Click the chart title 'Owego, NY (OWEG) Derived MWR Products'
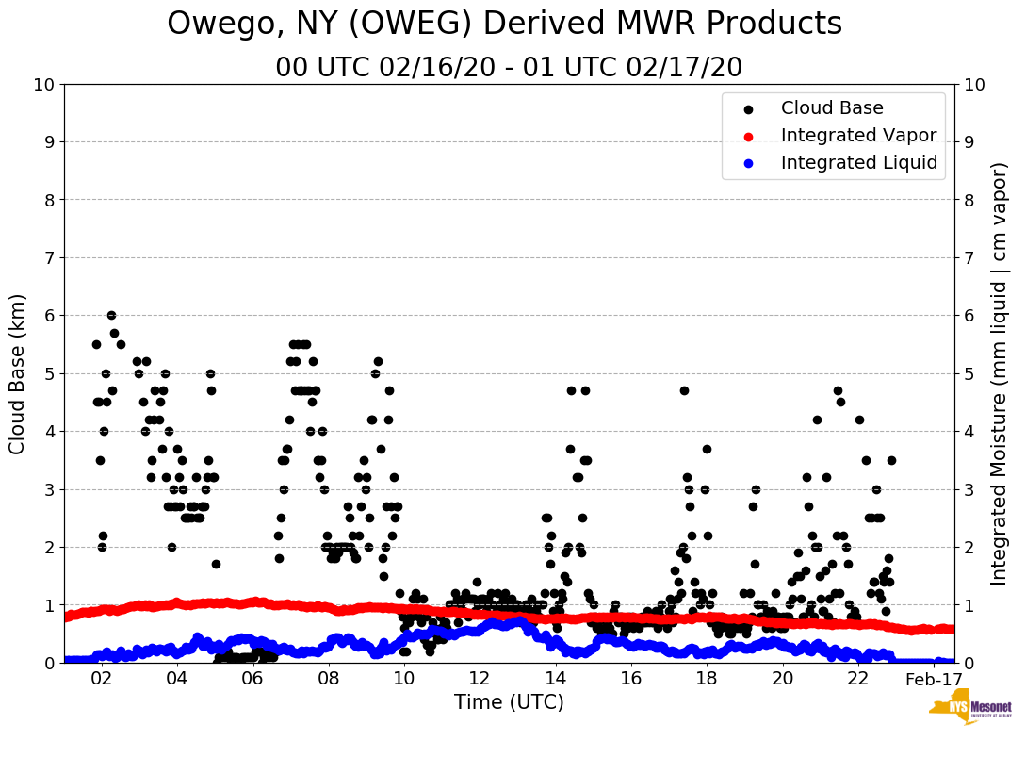(504, 25)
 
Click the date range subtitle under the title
(509, 68)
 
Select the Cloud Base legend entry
(832, 108)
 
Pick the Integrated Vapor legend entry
(858, 136)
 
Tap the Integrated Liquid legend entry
(859, 163)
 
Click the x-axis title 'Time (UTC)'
(509, 702)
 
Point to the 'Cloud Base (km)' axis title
(18, 373)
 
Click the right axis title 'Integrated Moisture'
(1000, 373)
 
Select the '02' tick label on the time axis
(102, 680)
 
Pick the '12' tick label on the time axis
(480, 680)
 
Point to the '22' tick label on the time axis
(858, 680)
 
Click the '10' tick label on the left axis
(43, 85)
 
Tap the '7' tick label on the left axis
(49, 258)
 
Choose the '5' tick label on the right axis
(969, 373)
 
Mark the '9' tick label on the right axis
(969, 142)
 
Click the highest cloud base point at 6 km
(111, 316)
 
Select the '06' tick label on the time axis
(252, 680)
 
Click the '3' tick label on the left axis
(49, 489)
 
